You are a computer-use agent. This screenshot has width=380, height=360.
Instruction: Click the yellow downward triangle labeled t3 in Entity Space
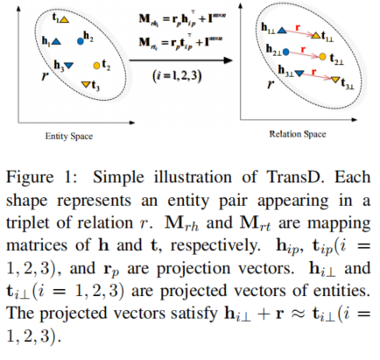86,84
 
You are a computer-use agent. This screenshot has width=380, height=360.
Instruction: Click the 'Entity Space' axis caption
68,137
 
